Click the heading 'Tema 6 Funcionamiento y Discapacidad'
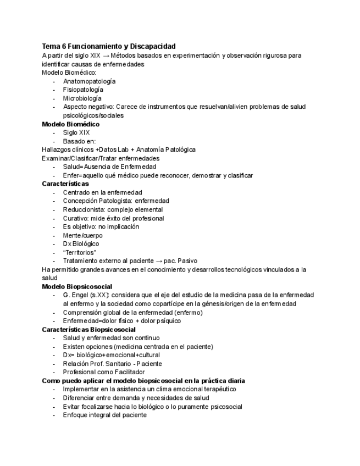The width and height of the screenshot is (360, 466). [x=109, y=47]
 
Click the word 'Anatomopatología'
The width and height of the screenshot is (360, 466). [x=89, y=81]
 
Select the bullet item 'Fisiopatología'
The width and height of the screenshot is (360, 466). [x=83, y=90]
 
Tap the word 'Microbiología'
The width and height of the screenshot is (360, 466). [x=82, y=98]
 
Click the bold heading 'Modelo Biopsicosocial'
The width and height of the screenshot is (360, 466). [x=77, y=287]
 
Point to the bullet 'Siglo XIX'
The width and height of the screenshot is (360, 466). [x=76, y=132]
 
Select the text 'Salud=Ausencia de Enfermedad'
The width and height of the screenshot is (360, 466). [x=109, y=167]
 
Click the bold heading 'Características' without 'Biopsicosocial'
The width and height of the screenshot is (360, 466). [x=65, y=184]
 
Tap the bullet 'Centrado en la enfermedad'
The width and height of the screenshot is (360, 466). [x=102, y=192]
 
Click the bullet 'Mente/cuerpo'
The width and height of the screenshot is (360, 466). [x=82, y=235]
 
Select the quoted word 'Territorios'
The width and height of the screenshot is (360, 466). [x=80, y=252]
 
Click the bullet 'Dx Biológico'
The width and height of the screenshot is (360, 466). [x=81, y=243]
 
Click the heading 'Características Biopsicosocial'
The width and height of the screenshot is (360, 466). [x=88, y=330]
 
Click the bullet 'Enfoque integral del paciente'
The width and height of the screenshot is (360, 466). [x=104, y=415]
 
